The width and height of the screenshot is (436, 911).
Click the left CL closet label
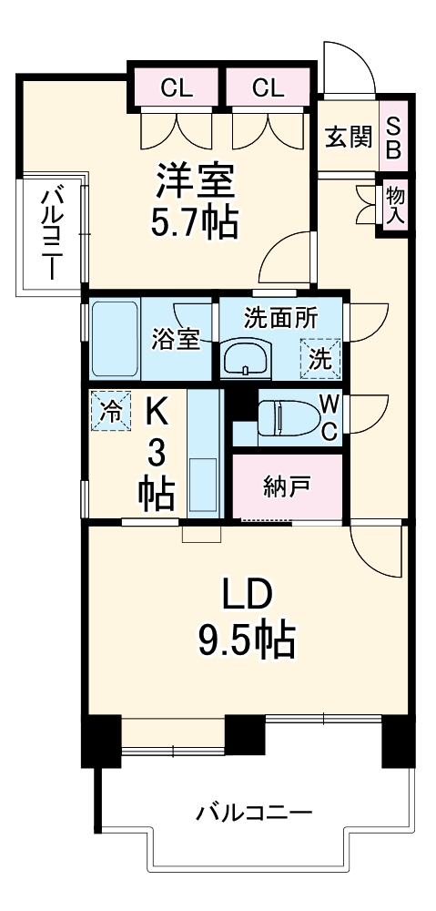click(x=177, y=87)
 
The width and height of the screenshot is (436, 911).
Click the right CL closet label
click(x=269, y=87)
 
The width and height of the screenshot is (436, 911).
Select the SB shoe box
click(x=394, y=137)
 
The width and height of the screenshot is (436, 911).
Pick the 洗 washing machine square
click(x=319, y=357)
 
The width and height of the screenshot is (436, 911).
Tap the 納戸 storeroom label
click(x=287, y=488)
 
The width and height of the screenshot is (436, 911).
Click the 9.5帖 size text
click(x=246, y=641)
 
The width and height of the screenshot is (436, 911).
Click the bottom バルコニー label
click(x=254, y=812)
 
